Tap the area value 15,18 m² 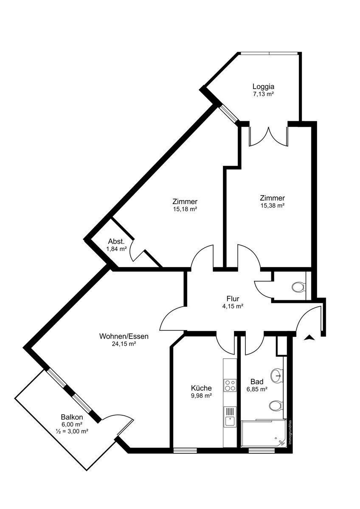(185, 209)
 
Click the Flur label (233, 298)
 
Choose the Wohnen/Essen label (124, 336)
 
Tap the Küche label (201, 388)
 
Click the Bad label (257, 381)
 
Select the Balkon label (72, 417)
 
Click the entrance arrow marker (309, 338)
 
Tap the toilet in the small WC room (298, 287)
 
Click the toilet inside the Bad (276, 406)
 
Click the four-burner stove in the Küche (230, 385)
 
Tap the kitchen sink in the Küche (230, 417)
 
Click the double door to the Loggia (269, 136)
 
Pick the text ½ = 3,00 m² (72, 431)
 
